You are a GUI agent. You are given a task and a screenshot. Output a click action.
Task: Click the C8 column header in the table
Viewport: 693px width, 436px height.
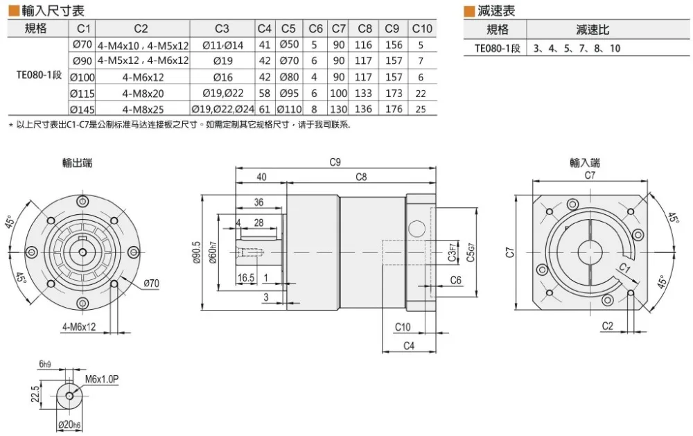pos(365,28)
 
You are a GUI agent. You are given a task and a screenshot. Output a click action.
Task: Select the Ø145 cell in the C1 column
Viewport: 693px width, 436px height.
pos(82,110)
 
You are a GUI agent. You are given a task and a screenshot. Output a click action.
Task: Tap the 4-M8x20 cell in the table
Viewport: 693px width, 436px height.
pos(143,94)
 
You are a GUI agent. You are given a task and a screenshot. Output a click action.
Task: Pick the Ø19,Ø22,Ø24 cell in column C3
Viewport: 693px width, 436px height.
pos(222,110)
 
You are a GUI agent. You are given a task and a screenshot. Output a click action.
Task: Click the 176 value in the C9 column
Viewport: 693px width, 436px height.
pos(394,110)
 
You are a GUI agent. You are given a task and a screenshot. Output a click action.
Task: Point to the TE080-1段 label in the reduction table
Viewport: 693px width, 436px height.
pos(497,49)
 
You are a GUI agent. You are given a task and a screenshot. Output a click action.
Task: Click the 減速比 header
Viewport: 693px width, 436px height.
pos(593,30)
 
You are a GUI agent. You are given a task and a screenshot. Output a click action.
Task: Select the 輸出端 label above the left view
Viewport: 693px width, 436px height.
pos(78,163)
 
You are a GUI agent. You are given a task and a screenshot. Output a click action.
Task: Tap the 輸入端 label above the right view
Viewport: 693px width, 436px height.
pos(585,163)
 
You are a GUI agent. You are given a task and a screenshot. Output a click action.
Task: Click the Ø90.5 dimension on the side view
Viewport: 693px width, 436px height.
pos(197,252)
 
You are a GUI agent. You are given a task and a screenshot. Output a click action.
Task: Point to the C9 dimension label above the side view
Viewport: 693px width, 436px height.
pos(335,162)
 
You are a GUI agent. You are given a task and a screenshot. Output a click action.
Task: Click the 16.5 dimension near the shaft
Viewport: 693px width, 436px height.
pos(246,278)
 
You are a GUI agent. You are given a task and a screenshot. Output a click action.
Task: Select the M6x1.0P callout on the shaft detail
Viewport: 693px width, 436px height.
pos(102,379)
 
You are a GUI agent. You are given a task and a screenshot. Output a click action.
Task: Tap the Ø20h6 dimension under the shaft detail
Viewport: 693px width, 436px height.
pos(69,424)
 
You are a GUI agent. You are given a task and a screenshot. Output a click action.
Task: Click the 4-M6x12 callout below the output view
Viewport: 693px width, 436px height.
pos(79,326)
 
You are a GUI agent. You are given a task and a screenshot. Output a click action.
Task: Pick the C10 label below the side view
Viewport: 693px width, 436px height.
pos(403,326)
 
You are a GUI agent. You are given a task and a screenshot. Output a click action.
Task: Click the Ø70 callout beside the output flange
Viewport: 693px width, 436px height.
pos(151,283)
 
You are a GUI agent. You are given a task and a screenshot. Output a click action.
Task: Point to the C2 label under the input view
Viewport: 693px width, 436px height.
pos(608,326)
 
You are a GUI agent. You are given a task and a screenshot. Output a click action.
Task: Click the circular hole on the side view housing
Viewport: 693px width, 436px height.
pos(416,228)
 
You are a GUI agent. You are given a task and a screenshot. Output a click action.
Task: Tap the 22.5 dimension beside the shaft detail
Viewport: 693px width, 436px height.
pos(35,393)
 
